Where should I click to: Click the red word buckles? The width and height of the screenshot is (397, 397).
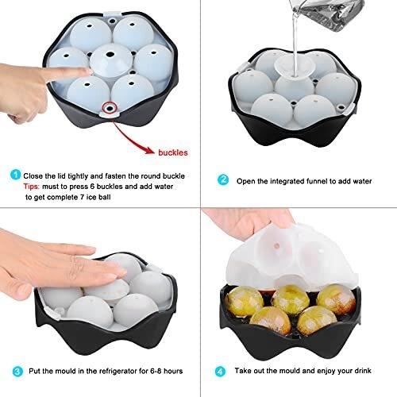point(173,152)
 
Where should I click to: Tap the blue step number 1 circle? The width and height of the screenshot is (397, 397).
point(16,175)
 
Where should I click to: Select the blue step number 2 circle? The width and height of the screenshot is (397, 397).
point(223,180)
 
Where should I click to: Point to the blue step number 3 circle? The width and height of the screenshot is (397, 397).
point(17,372)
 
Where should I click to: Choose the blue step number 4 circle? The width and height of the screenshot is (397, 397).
point(220,372)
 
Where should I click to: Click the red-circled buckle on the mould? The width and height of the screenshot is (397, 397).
point(110,108)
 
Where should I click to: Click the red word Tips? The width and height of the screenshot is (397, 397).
point(31,187)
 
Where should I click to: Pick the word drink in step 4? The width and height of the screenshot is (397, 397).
point(362,371)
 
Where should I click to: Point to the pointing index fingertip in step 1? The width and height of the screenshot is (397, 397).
point(89,71)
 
